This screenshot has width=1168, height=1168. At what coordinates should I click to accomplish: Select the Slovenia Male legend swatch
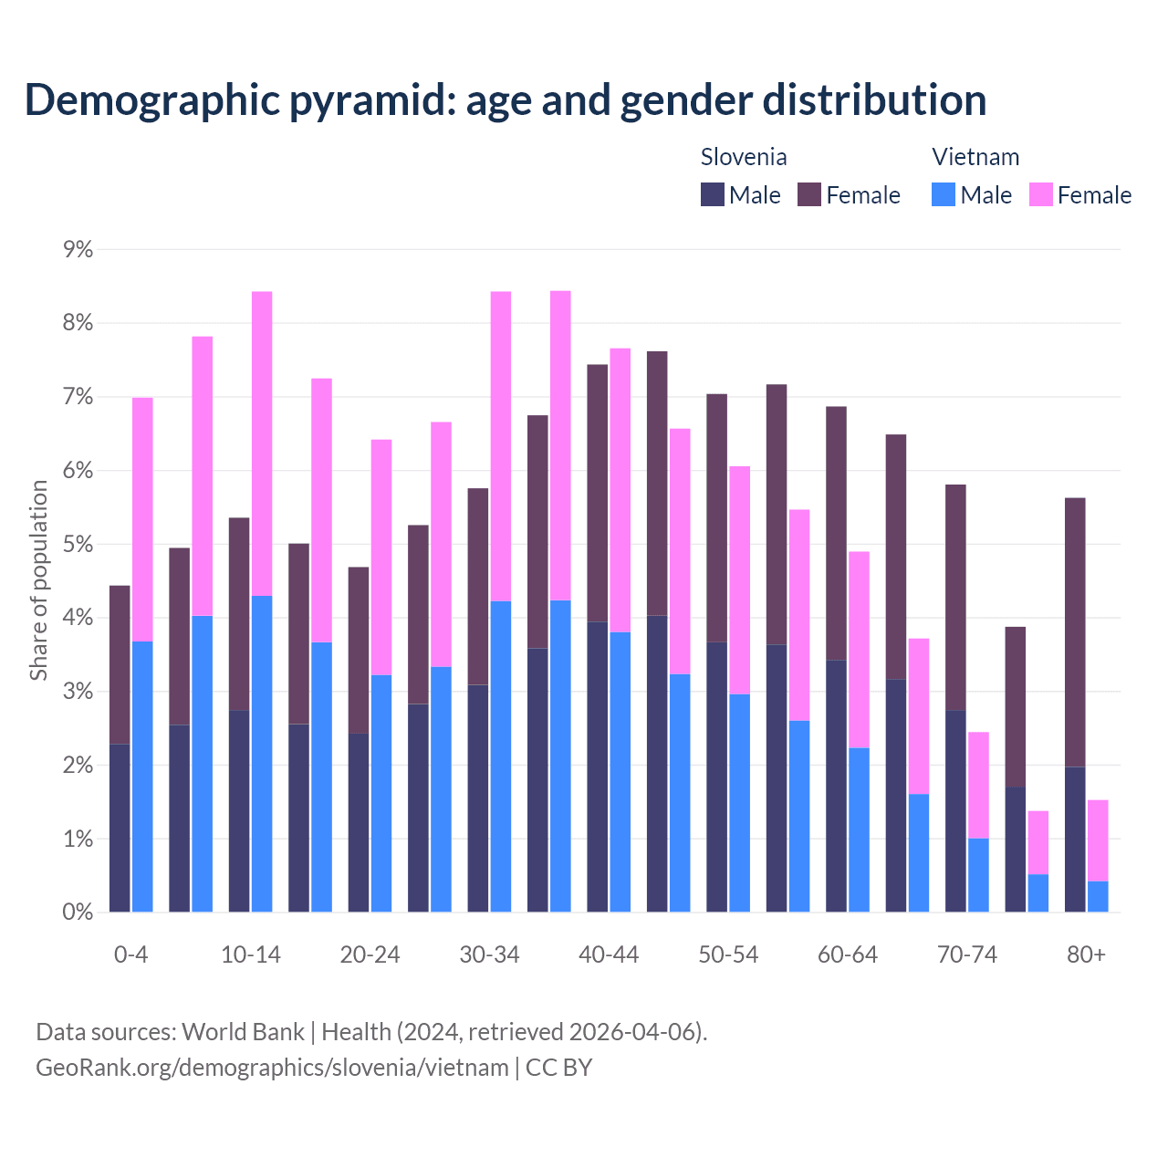[713, 194]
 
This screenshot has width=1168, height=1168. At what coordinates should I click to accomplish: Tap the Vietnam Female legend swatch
[1041, 194]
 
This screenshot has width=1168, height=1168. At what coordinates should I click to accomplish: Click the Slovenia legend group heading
[744, 157]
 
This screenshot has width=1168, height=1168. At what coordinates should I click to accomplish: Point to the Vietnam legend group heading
[975, 157]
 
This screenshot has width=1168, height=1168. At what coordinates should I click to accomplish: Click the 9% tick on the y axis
[78, 249]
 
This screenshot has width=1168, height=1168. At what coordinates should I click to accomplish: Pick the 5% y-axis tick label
[78, 545]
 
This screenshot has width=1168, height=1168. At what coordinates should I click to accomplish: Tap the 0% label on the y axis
[78, 912]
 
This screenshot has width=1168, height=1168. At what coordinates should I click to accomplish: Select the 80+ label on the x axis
[1086, 955]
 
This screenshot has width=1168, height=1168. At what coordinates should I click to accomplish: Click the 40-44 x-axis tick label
[609, 955]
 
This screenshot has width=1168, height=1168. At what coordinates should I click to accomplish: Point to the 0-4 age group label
[130, 955]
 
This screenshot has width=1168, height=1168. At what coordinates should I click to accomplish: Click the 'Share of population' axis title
[38, 580]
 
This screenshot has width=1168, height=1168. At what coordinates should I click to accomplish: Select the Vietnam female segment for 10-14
[262, 443]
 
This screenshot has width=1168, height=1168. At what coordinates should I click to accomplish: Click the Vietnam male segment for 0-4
[142, 777]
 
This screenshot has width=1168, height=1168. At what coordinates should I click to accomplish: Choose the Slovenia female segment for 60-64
[836, 533]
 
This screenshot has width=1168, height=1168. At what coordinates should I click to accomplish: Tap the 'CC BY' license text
[558, 1068]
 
